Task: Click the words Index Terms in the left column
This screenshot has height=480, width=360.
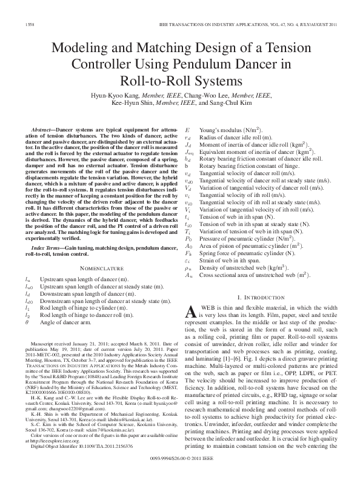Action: coord(52,248)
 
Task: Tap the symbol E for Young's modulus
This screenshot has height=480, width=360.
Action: coord(187,130)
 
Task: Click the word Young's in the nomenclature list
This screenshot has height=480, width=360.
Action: coord(219,130)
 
